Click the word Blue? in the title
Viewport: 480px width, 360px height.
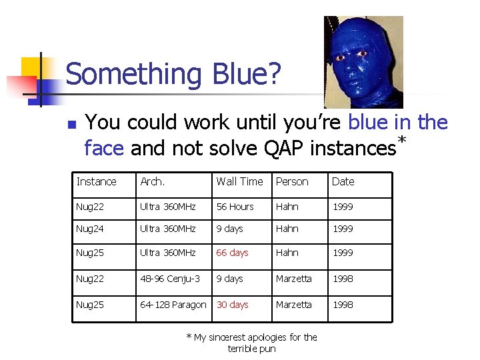click(243, 74)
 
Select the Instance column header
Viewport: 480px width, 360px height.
click(96, 181)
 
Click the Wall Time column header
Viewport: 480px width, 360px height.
click(239, 181)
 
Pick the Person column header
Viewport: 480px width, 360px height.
click(292, 181)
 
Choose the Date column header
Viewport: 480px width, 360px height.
click(343, 181)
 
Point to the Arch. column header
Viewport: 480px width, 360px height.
click(153, 181)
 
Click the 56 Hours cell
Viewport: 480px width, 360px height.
click(235, 207)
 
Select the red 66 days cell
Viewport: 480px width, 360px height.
click(232, 253)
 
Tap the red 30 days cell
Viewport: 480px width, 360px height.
click(232, 305)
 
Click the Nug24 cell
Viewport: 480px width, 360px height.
click(90, 229)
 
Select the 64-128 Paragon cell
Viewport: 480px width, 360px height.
click(173, 305)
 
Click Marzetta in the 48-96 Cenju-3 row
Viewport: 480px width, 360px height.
click(293, 279)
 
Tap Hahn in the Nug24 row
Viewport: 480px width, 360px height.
click(287, 229)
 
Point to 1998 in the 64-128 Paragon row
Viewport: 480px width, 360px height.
click(343, 305)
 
